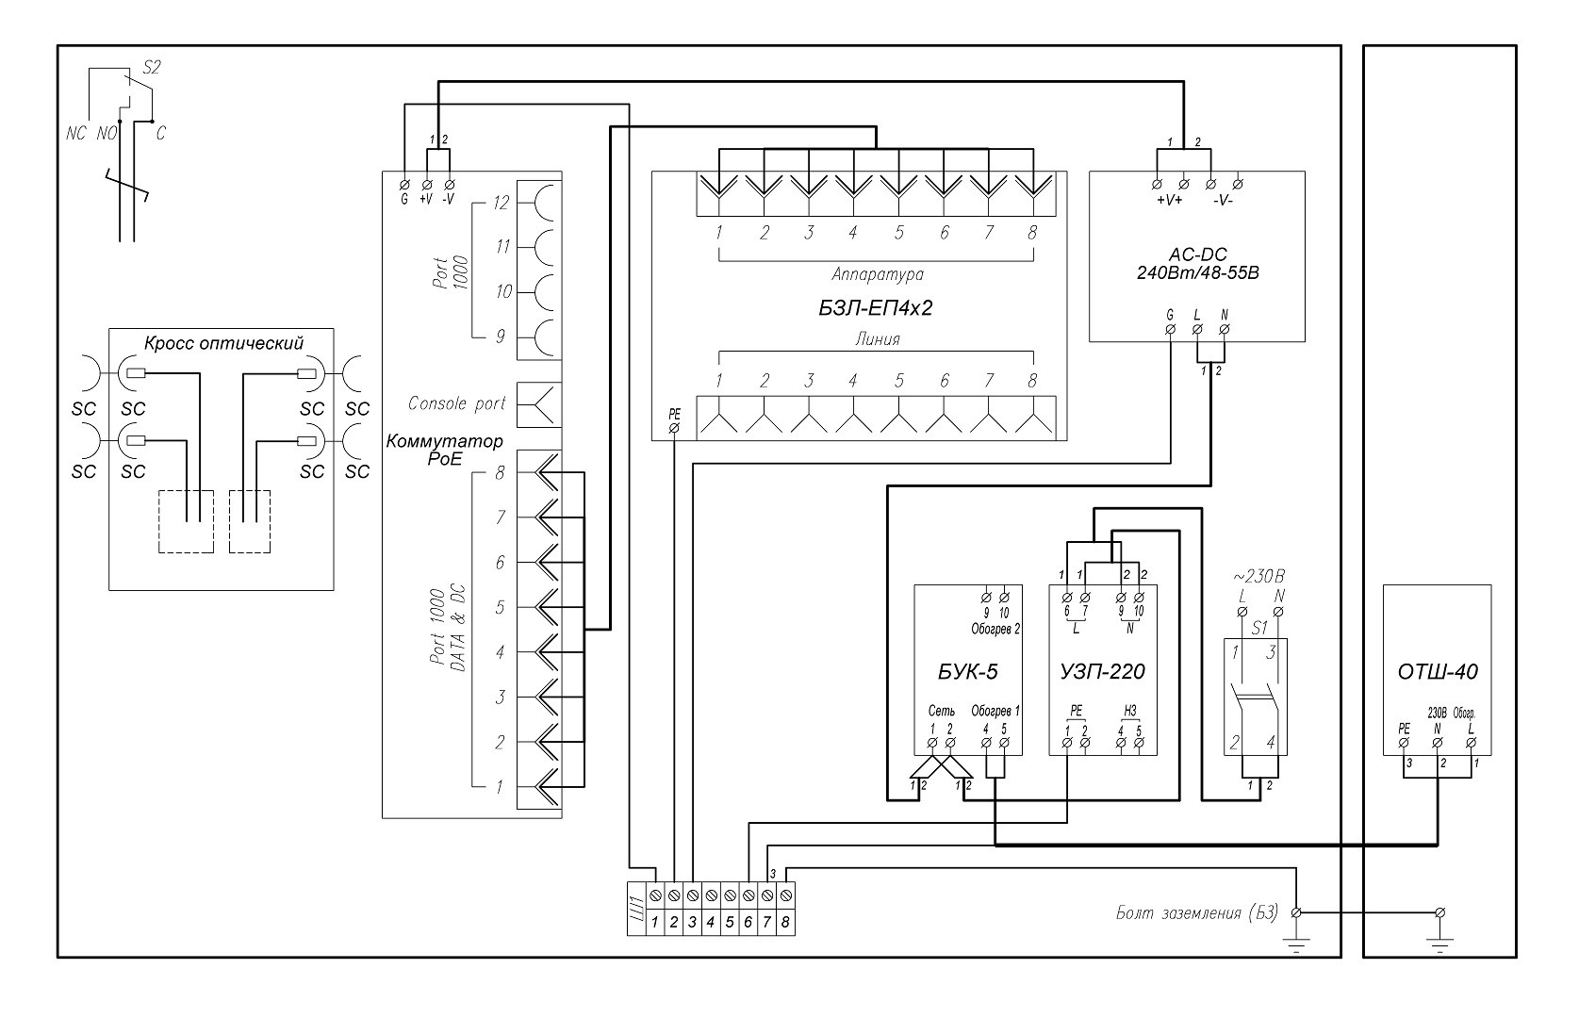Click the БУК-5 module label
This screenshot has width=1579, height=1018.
pyautogui.click(x=968, y=672)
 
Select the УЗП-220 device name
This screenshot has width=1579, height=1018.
pyautogui.click(x=1103, y=672)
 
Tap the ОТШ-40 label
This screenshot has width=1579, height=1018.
pyautogui.click(x=1437, y=672)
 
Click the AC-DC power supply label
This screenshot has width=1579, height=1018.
pyautogui.click(x=1196, y=254)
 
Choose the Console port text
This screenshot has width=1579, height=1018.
pyautogui.click(x=457, y=403)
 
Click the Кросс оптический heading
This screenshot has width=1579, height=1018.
pyautogui.click(x=223, y=342)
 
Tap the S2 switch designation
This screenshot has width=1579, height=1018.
pyautogui.click(x=152, y=67)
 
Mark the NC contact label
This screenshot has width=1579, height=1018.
pyautogui.click(x=76, y=134)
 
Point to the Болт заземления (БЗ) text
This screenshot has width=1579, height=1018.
pyautogui.click(x=1196, y=912)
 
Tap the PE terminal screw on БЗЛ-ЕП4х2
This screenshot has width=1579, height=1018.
pyautogui.click(x=674, y=426)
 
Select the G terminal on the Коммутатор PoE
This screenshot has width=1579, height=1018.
pyautogui.click(x=404, y=182)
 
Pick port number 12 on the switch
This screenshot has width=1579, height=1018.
pyautogui.click(x=500, y=202)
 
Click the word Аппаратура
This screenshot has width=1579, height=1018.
pyautogui.click(x=877, y=274)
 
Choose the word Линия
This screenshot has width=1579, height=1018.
pyautogui.click(x=877, y=339)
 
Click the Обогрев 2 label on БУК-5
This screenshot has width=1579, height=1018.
pyautogui.click(x=995, y=628)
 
